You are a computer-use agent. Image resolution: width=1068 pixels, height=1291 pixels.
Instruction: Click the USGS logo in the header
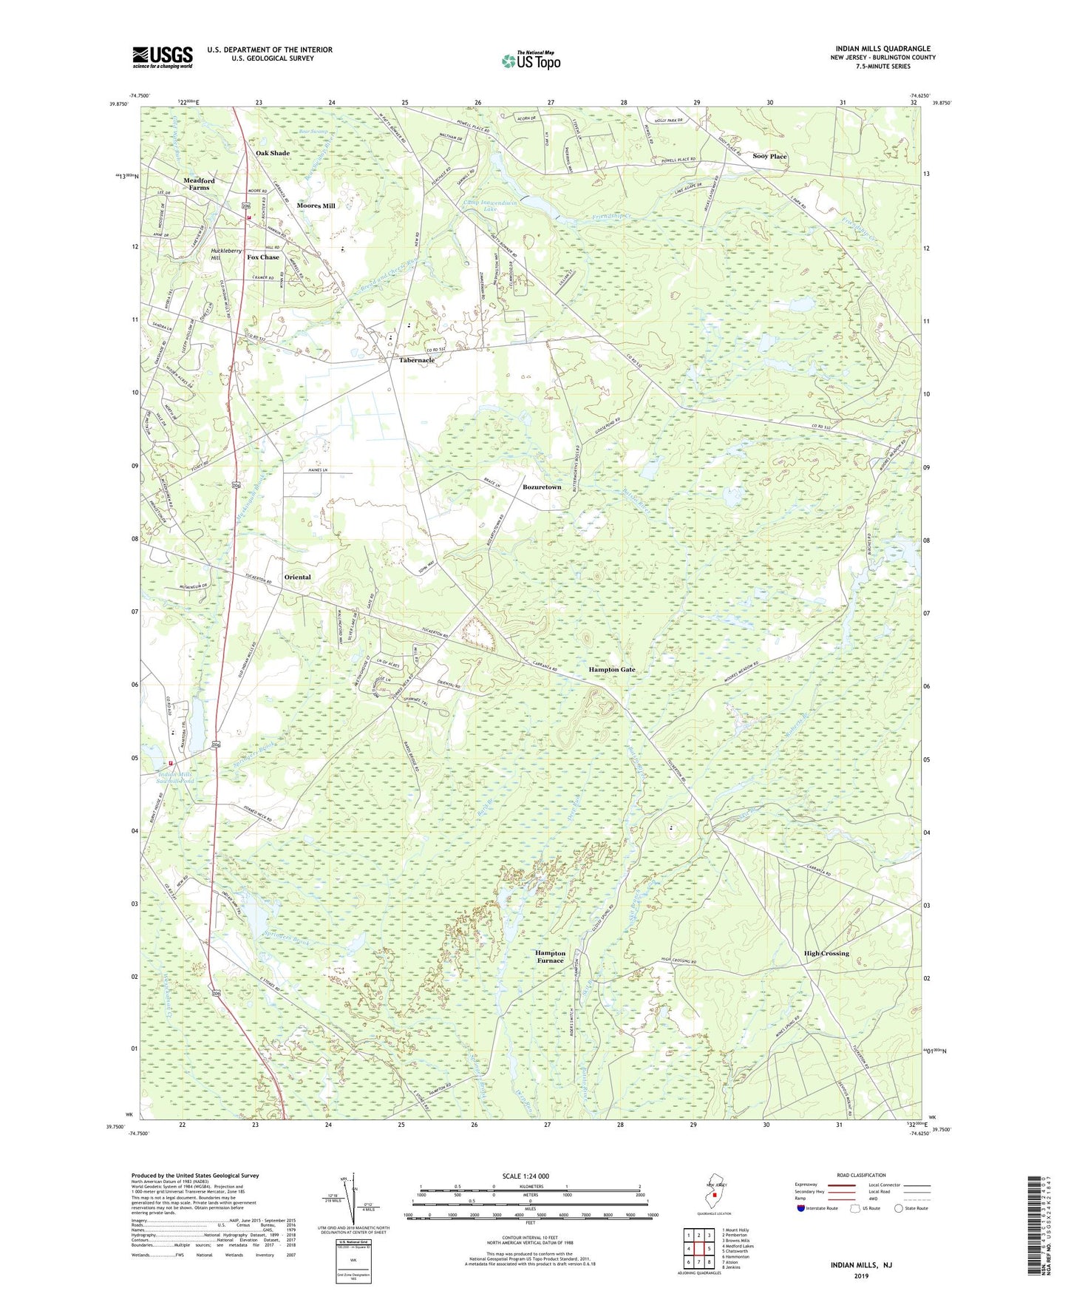[x=162, y=57]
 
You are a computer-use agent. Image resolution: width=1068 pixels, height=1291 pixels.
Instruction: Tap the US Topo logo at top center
[x=530, y=61]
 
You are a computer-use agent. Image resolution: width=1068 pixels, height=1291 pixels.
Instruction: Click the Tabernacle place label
[x=417, y=360]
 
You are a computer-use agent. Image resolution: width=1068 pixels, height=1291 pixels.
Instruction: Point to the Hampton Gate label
[x=611, y=669]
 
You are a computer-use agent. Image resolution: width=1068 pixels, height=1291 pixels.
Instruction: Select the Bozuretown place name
[x=542, y=487]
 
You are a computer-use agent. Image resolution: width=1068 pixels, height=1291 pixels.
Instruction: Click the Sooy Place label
[x=769, y=156]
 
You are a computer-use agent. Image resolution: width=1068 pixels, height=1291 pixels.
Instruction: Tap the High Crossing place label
[x=826, y=953]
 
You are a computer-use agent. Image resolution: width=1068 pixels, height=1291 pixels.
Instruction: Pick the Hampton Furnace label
[x=550, y=957]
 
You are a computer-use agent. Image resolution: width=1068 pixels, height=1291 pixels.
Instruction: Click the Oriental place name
[x=297, y=577]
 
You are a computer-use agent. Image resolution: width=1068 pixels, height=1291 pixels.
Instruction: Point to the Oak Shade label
[x=273, y=153]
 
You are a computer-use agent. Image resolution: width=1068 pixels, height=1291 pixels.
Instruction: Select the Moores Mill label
[x=316, y=206]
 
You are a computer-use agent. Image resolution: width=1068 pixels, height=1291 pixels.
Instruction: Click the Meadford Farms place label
[x=199, y=184]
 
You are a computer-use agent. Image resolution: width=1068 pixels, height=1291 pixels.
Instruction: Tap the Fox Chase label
[x=263, y=257]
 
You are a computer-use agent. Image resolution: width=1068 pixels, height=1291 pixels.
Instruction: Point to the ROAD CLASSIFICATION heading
[x=861, y=1175]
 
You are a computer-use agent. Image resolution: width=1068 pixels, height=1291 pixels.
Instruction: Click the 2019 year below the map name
[x=861, y=1275]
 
